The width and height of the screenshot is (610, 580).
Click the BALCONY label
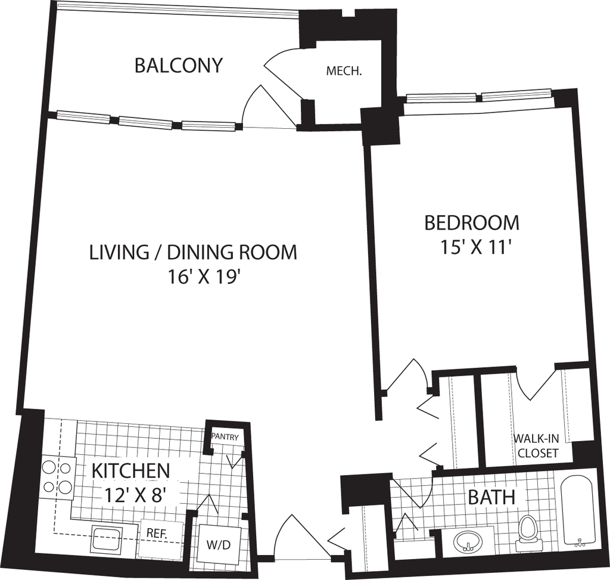point(179,66)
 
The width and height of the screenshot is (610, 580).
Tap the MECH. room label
point(344,72)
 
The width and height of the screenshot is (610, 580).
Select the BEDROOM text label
point(472,223)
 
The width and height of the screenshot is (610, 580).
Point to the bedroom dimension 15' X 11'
point(475,247)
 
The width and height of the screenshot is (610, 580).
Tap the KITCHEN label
point(130,471)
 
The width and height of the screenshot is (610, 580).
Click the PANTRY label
point(225,437)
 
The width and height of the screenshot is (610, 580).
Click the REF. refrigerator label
point(157,532)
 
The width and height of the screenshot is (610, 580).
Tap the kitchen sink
point(107,538)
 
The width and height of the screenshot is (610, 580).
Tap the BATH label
point(491,498)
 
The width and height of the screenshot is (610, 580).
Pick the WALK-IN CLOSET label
point(537,446)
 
